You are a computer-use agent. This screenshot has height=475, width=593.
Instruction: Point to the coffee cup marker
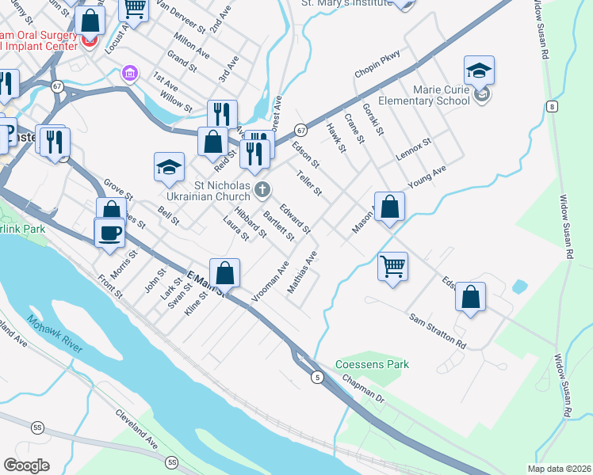pos(110,233)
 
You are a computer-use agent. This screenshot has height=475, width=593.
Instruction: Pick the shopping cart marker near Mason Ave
pos(392,266)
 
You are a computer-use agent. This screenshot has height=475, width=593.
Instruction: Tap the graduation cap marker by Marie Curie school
pos(479,71)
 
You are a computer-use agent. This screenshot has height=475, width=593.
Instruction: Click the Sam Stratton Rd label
pos(438,330)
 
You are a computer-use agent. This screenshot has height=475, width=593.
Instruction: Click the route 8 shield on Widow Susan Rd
pos(551,106)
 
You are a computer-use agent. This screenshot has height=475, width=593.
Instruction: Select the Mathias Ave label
pos(302,273)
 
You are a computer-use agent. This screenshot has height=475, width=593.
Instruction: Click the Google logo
pos(26,465)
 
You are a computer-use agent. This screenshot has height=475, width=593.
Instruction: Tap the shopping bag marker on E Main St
pos(225,273)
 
